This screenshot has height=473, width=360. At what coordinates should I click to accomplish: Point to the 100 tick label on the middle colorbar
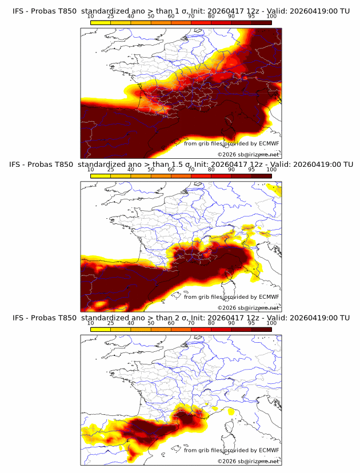[x=271, y=170]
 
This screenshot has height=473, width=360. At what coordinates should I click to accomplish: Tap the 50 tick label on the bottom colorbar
[x=151, y=323]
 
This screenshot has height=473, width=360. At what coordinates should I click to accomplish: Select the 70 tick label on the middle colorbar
[x=191, y=170]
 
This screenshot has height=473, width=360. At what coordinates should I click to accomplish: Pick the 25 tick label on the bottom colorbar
[x=110, y=323]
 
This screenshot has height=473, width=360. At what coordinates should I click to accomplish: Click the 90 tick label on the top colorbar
[x=231, y=17]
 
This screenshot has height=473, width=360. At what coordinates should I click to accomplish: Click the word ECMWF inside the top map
[x=269, y=143]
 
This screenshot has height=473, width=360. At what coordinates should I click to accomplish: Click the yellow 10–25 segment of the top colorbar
[x=101, y=22]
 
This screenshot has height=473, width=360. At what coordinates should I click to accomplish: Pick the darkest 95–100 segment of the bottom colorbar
[x=261, y=328]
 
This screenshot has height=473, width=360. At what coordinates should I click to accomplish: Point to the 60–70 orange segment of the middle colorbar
[x=181, y=175]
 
